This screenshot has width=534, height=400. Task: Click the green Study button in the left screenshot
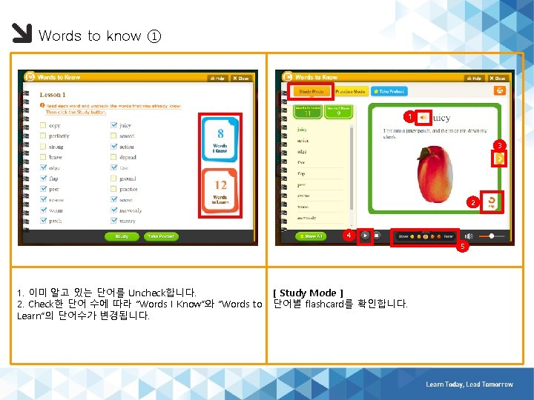pos(122,236)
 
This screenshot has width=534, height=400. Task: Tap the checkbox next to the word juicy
pos(113,126)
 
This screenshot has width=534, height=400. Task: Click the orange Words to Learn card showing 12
pos(220,191)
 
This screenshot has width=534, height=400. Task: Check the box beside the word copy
pos(43,126)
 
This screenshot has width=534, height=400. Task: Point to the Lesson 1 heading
pos(53,95)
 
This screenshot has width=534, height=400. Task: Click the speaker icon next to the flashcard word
pos(422,117)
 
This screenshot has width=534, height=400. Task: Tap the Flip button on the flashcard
pos(491,201)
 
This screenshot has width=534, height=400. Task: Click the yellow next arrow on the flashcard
pos(500,159)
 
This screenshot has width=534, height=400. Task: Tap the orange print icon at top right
pos(500,90)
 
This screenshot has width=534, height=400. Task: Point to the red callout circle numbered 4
pos(348,236)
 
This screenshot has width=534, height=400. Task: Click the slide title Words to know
pos(90,36)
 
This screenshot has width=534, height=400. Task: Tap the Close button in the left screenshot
pos(242,78)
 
